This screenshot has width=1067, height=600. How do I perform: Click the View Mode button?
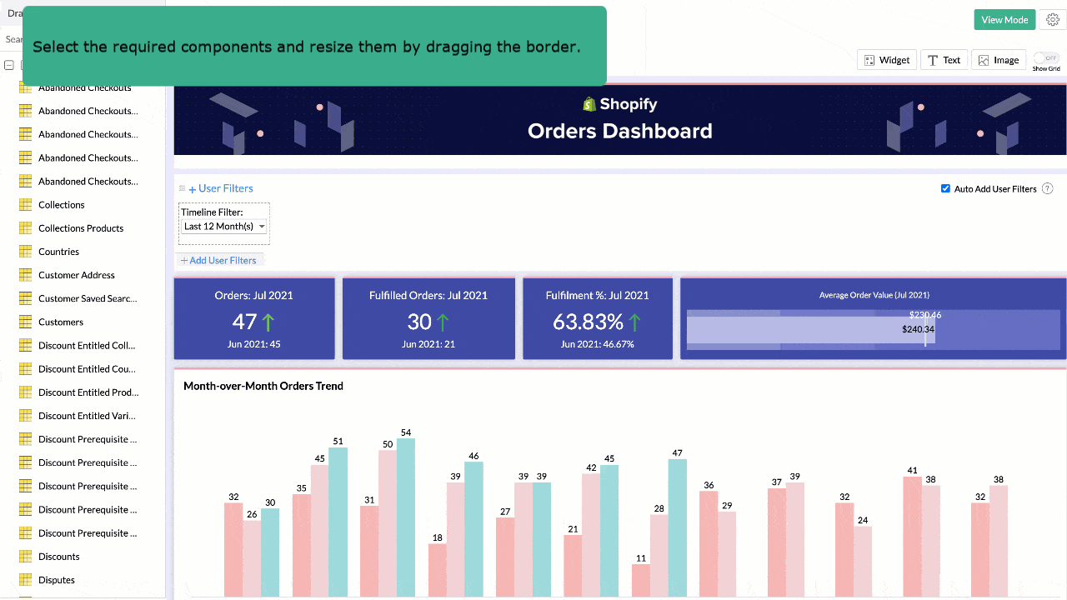[1004, 20]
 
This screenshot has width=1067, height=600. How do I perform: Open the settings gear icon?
[1053, 20]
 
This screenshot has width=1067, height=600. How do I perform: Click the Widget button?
[887, 60]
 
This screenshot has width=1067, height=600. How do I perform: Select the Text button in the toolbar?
[944, 60]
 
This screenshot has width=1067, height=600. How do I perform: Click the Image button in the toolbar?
[999, 60]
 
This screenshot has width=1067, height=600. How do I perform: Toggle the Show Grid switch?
[1046, 58]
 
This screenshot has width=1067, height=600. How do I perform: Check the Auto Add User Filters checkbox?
[945, 188]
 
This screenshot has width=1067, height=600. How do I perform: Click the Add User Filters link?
[219, 260]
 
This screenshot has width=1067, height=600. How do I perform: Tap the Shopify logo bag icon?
[589, 104]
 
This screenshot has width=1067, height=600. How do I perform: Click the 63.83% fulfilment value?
[588, 322]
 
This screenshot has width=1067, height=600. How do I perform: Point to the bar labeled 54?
[406, 517]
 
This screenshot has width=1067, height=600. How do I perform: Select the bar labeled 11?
[640, 580]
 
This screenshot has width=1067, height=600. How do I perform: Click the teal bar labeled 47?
[677, 527]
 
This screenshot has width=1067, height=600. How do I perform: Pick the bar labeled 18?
[437, 570]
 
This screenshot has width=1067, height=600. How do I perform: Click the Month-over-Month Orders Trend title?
[263, 386]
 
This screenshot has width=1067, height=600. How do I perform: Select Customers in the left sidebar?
[61, 322]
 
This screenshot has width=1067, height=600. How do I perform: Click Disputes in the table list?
[57, 580]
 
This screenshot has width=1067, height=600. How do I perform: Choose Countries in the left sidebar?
[58, 252]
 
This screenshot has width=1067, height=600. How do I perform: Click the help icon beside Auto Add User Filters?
[1048, 189]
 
